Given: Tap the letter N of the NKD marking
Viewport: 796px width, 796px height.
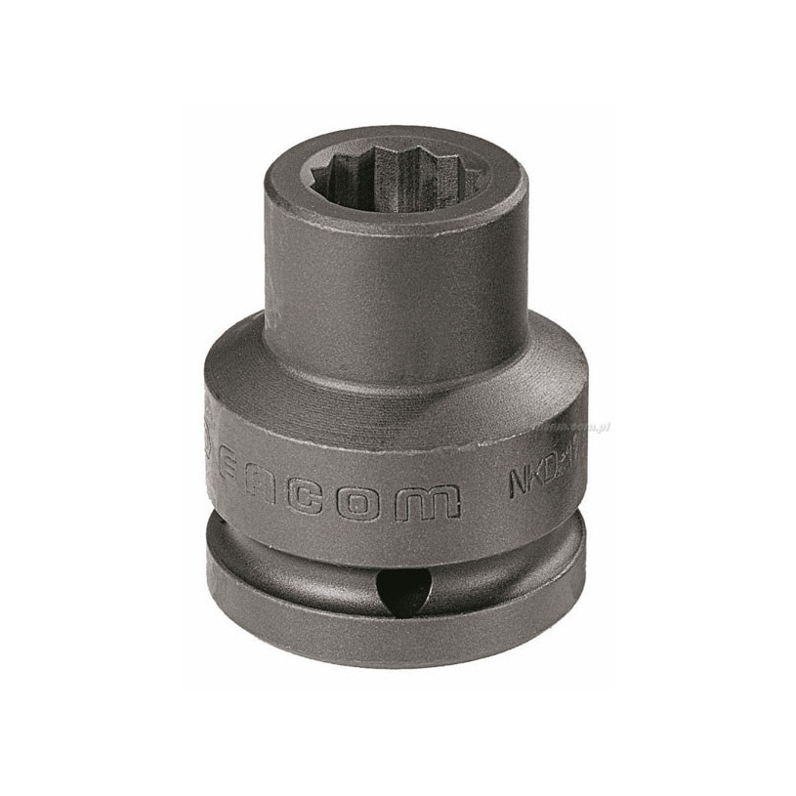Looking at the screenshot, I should click(x=519, y=483).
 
